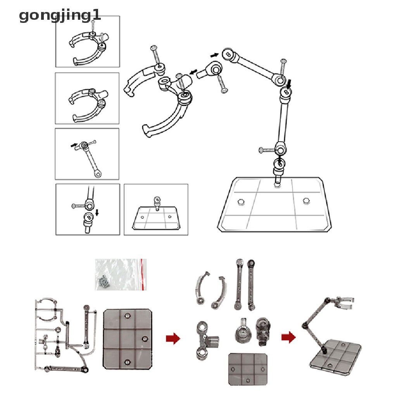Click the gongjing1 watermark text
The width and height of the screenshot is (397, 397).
pos(60,16)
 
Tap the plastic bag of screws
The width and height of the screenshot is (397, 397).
pos(121,274)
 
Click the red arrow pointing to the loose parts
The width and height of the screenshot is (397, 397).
pos(173,338)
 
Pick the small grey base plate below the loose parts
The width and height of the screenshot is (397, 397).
pos(248,368)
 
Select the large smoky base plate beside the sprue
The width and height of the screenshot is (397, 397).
pos(128,339)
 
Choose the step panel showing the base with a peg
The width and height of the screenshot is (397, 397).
pos(156,209)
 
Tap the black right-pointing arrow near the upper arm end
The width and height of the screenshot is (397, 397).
pos(214,55)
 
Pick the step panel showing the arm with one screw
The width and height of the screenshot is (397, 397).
pos(87,154)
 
